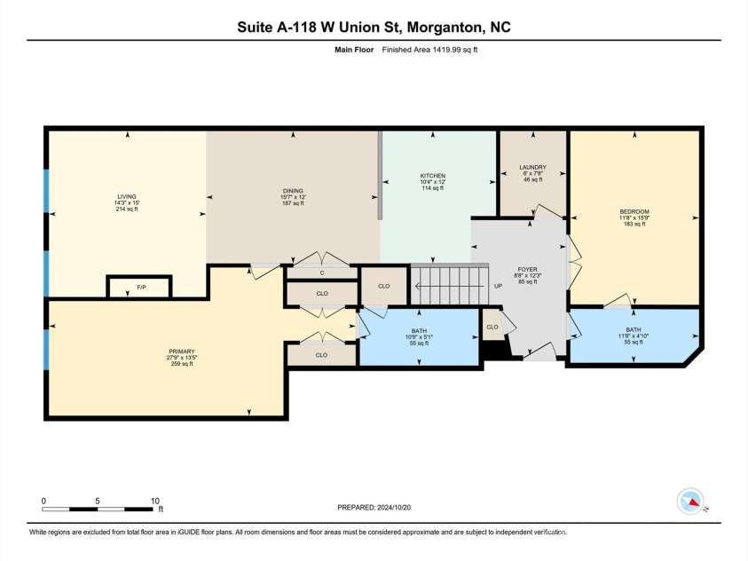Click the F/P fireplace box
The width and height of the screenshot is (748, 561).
pyautogui.click(x=139, y=288)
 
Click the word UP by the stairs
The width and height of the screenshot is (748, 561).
pyautogui.click(x=498, y=287)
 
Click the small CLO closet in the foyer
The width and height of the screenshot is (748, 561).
pyautogui.click(x=492, y=327)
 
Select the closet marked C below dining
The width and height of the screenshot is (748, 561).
pyautogui.click(x=321, y=273)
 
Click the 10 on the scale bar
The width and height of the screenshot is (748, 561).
pyautogui.click(x=154, y=501)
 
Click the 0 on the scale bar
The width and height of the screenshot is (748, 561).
pyautogui.click(x=43, y=501)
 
